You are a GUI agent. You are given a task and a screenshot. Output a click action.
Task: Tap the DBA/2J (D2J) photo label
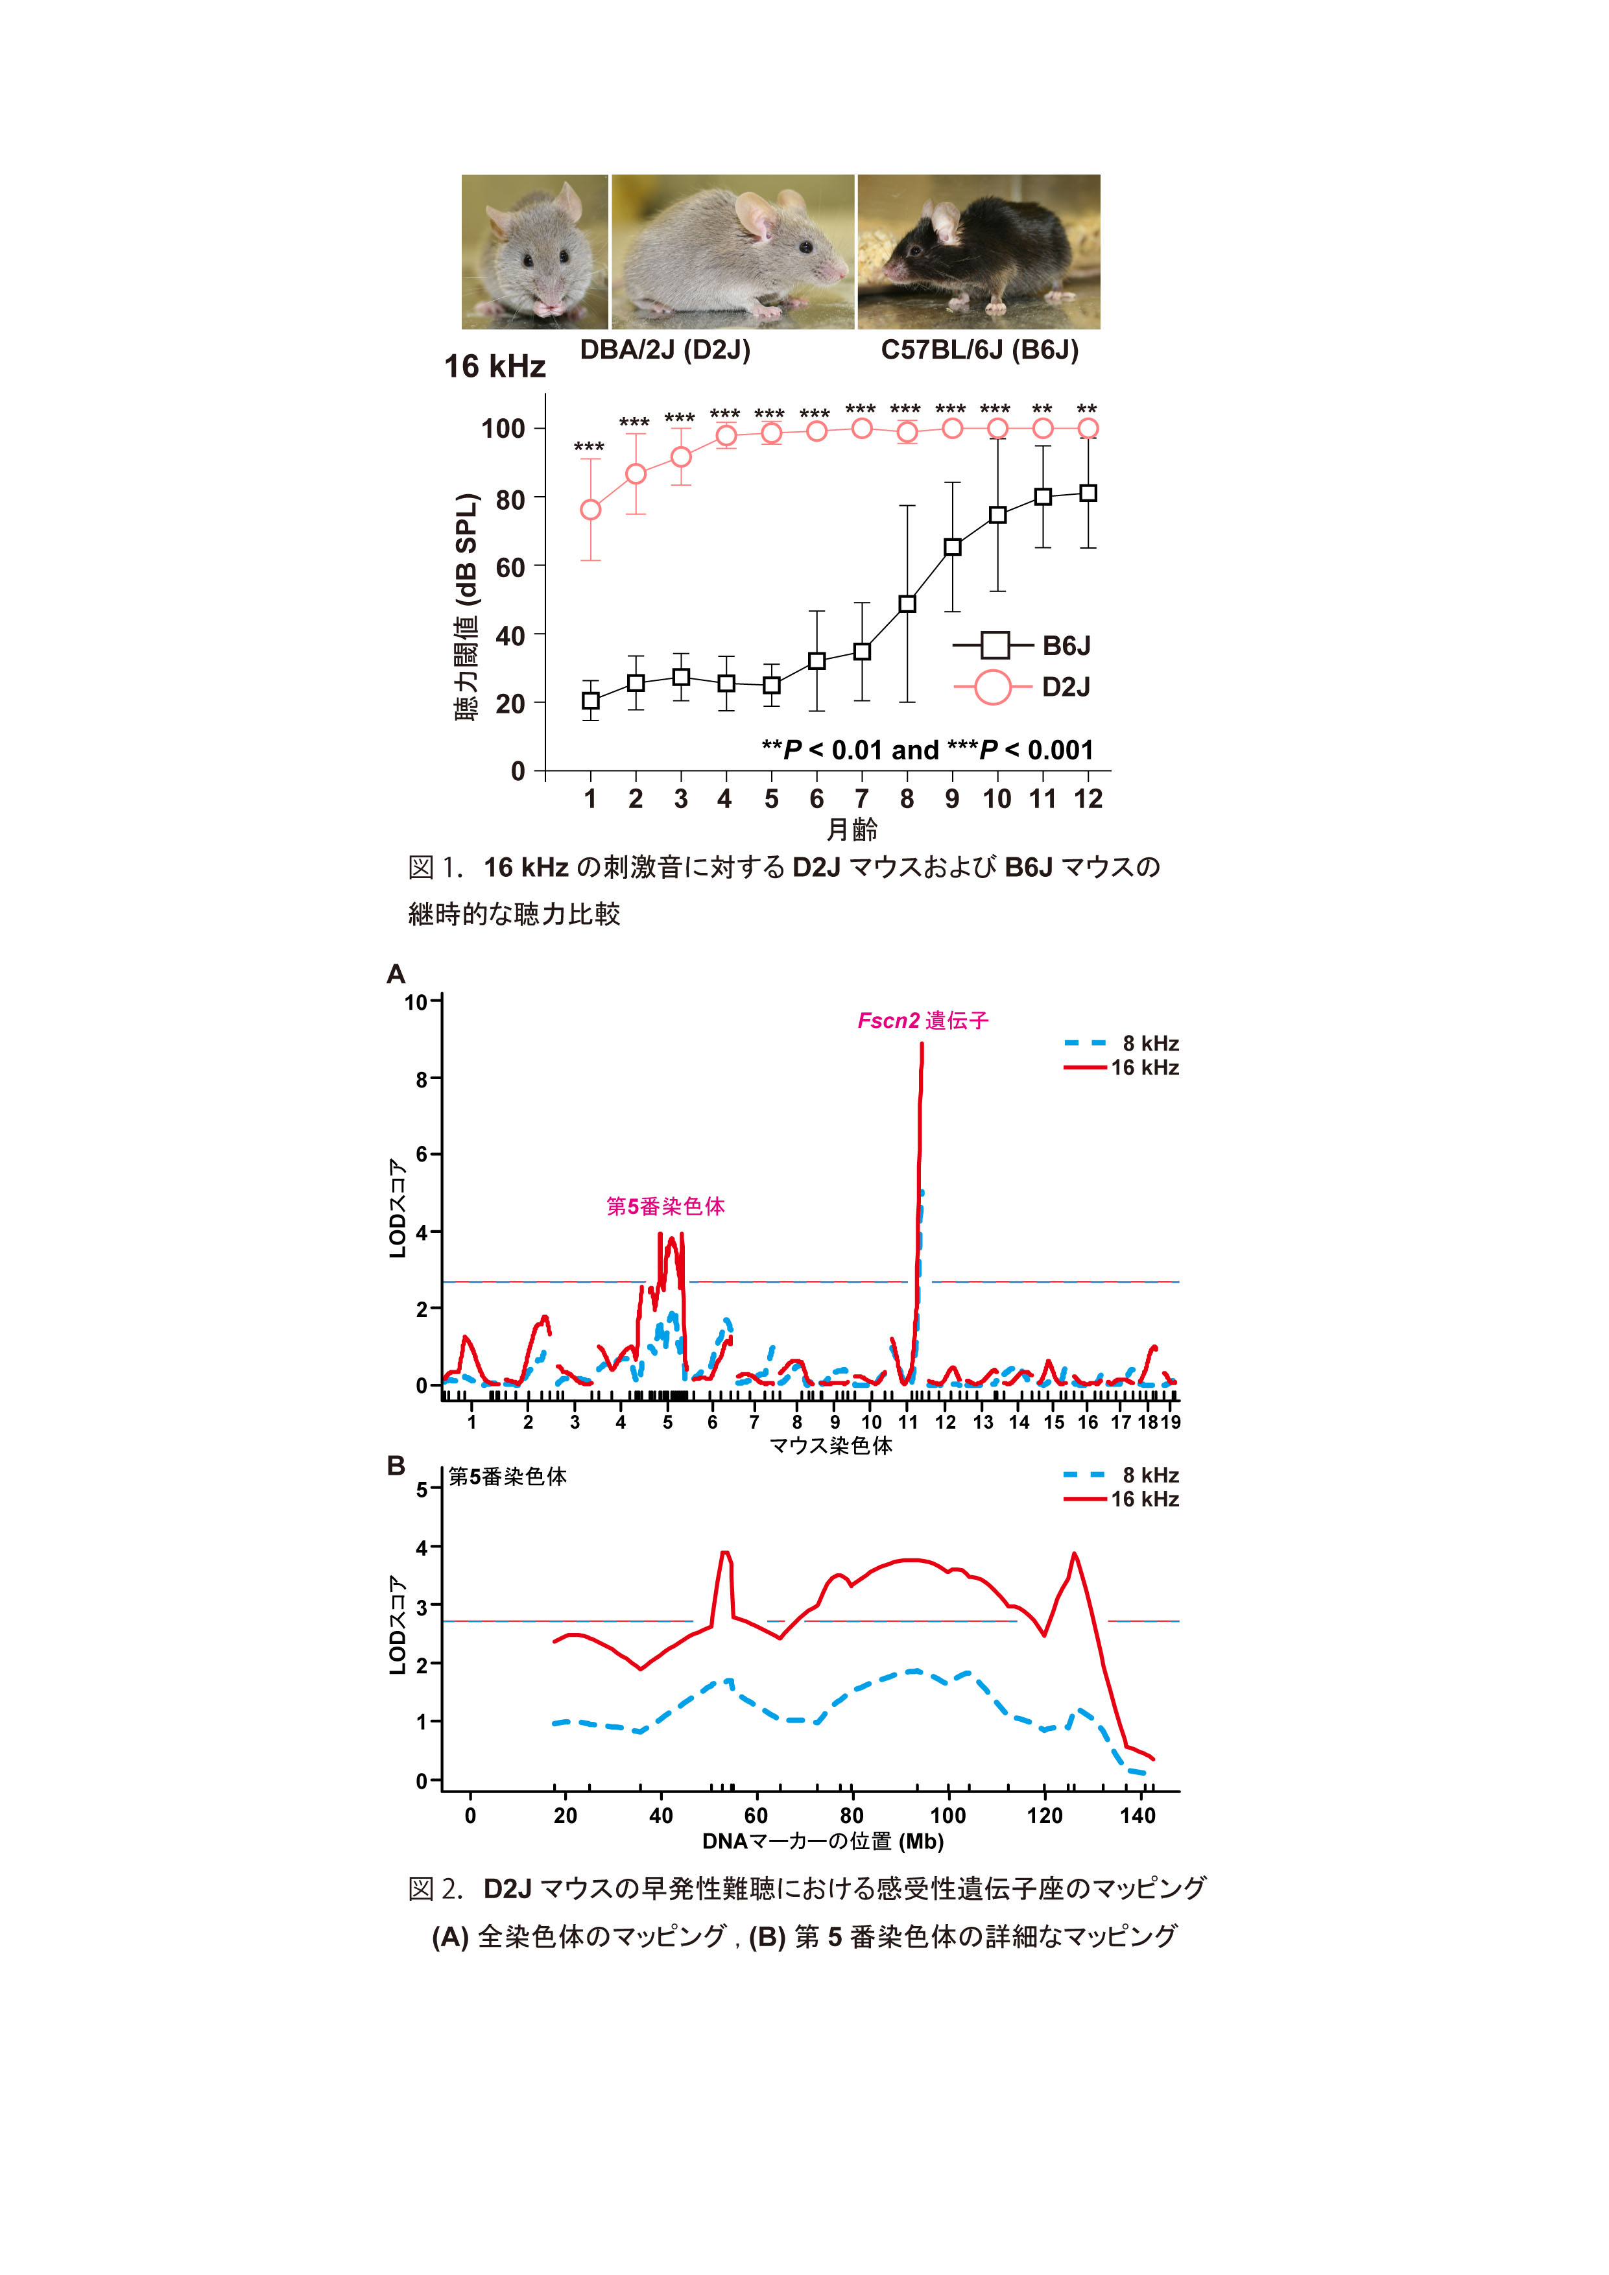click(665, 350)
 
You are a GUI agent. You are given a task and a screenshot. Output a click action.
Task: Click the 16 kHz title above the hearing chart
click(494, 366)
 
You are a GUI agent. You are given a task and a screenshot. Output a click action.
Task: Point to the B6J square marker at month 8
click(907, 603)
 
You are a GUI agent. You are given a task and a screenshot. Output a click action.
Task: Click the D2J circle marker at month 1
click(591, 509)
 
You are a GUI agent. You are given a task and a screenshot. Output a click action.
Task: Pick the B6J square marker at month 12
click(1088, 492)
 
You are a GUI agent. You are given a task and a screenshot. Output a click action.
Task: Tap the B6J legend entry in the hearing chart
click(1023, 646)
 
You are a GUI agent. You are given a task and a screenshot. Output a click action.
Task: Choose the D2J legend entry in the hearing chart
click(1023, 687)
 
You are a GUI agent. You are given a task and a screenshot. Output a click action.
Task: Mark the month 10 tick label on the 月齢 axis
click(997, 798)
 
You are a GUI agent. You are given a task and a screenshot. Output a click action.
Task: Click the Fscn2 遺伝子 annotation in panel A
click(922, 1021)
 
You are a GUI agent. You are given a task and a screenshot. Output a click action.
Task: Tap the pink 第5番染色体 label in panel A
click(666, 1206)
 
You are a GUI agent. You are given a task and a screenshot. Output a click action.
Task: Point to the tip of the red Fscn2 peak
click(922, 1043)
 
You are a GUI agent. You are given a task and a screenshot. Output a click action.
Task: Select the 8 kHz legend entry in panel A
click(1121, 1043)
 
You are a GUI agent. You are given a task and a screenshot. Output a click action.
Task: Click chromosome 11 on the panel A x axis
click(907, 1422)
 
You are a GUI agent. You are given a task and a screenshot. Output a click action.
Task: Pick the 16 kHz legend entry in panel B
click(1121, 1499)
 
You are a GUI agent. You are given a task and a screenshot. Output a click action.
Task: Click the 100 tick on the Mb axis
click(947, 1815)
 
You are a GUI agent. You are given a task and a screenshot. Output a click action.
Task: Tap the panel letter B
click(396, 1466)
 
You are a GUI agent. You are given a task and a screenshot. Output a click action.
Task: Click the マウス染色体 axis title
click(831, 1446)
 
